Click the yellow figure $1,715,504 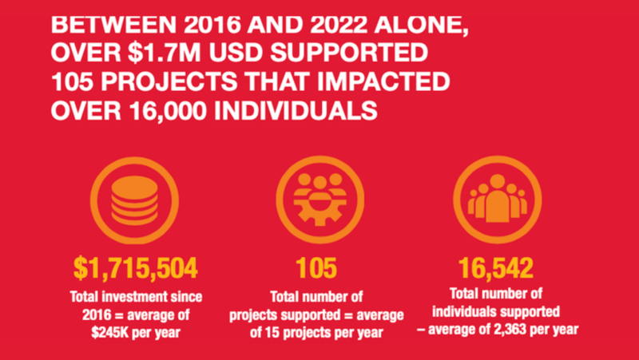tap(135, 268)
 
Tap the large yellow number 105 tap(316, 268)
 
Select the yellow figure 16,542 tap(495, 268)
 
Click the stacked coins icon tap(134, 200)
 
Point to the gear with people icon tap(320, 200)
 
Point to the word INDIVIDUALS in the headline tap(296, 109)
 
